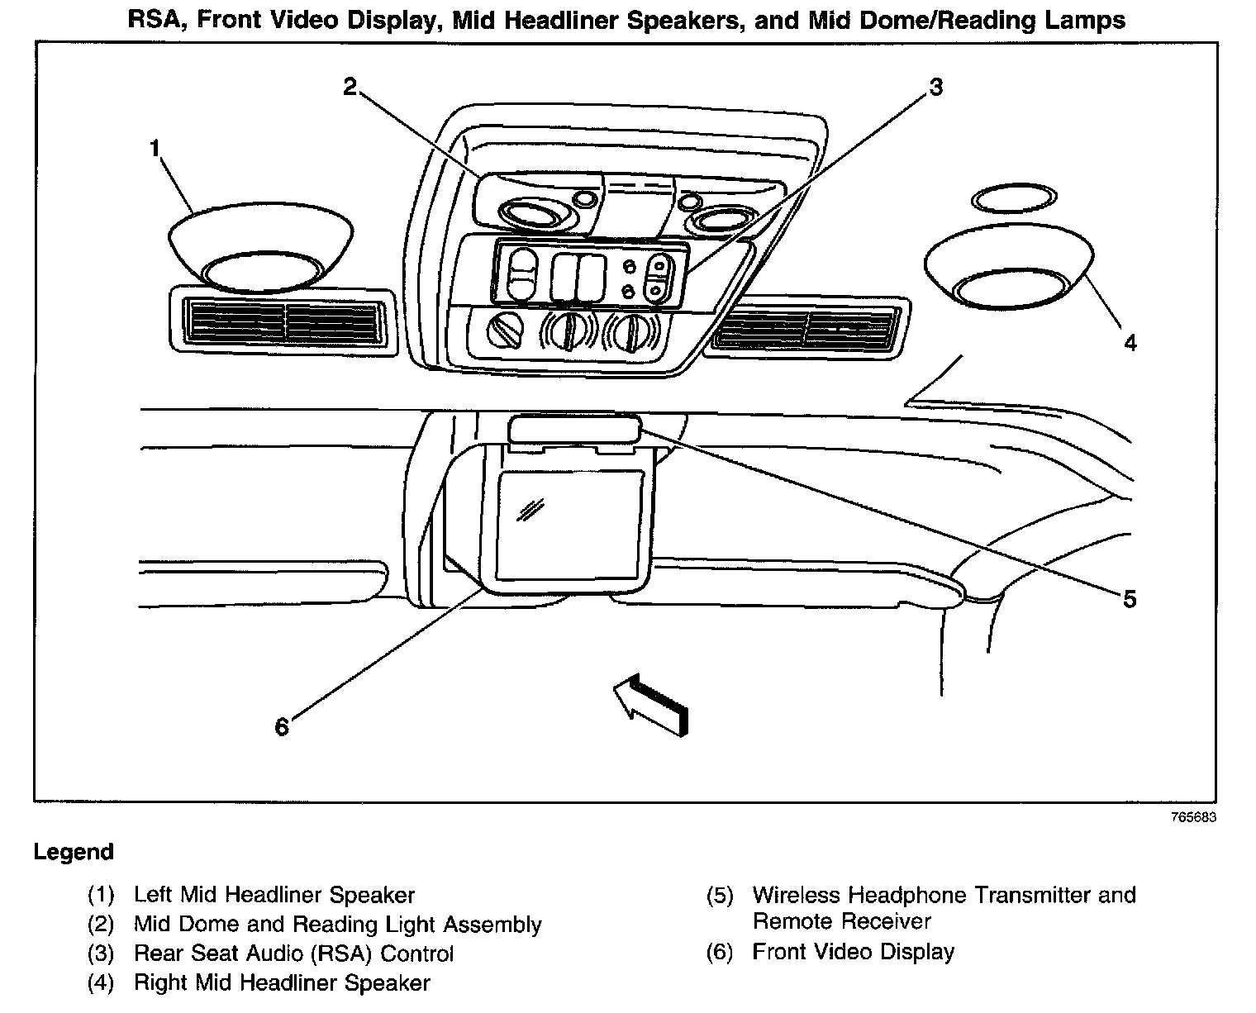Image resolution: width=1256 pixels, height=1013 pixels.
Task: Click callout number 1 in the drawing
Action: (155, 149)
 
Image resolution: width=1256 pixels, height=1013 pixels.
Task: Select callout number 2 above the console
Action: (350, 87)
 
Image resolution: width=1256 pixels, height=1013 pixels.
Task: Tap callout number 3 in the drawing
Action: (935, 87)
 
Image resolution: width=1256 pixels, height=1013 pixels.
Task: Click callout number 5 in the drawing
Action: (1130, 598)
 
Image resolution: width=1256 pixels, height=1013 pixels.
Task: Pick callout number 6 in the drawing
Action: (282, 726)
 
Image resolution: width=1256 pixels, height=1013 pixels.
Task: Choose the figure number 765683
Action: (1194, 817)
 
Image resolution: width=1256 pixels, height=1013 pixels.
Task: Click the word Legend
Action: (73, 852)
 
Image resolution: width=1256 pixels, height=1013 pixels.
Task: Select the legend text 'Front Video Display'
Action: (853, 952)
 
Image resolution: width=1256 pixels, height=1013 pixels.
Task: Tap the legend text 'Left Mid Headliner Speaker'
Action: (274, 895)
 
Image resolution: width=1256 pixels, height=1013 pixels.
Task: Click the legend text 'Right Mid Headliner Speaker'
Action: (282, 983)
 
